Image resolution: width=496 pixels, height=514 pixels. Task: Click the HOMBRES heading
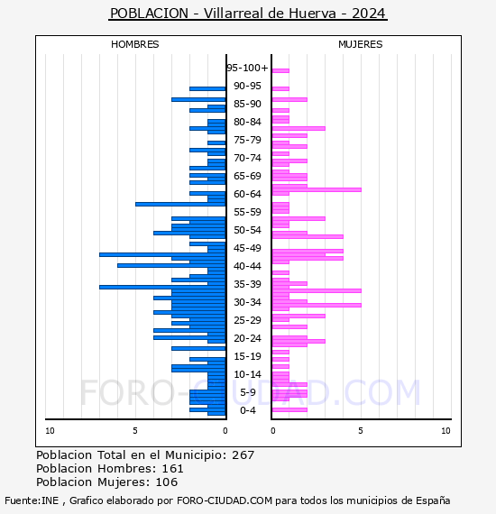134,44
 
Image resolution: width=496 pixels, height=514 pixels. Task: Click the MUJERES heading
361,44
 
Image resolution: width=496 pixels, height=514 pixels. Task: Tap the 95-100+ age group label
247,68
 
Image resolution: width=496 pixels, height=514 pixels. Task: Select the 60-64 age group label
247,194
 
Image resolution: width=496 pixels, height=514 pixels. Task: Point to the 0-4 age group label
247,410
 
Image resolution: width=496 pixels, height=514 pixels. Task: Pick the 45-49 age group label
247,248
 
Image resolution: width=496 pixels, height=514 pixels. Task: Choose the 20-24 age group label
247,338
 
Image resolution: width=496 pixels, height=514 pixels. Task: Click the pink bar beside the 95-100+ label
280,70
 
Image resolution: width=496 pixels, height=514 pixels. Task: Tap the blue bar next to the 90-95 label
207,89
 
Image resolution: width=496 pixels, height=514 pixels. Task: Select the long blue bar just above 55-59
180,204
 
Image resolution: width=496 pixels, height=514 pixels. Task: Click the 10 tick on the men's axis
50,431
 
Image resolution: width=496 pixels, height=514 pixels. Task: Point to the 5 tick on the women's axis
361,431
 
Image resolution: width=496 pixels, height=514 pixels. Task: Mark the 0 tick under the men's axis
225,431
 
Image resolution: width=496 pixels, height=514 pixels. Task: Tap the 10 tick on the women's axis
445,431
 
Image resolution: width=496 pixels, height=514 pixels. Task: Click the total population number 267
243,455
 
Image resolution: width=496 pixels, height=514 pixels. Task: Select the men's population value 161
172,468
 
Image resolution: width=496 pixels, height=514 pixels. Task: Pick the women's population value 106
167,482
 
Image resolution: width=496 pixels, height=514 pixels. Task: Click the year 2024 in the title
369,14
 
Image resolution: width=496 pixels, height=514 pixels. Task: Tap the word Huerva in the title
312,14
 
